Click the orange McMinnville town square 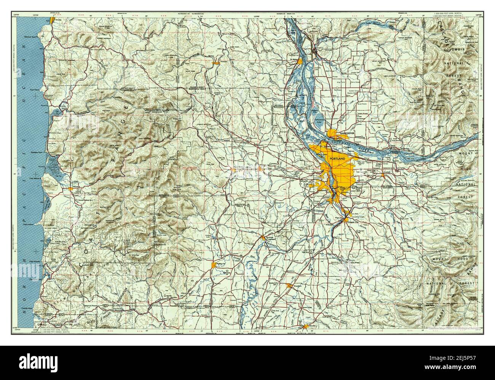(213, 265)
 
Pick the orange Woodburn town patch (290, 285)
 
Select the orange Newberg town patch (263, 238)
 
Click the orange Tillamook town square (71, 188)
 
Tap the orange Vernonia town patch (216, 62)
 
